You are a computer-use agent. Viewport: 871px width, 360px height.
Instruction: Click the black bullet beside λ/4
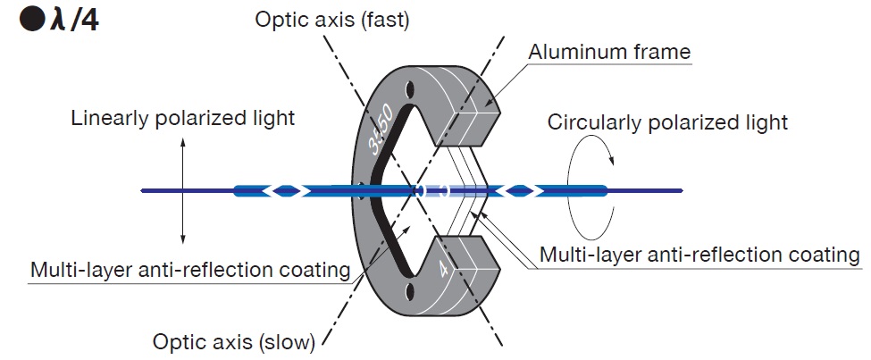33,21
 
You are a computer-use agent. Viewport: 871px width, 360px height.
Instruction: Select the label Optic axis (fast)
331,20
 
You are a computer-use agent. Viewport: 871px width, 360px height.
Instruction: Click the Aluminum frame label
609,52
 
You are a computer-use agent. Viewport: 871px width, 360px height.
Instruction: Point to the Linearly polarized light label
183,117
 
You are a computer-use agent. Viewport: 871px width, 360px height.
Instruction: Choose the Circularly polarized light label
667,121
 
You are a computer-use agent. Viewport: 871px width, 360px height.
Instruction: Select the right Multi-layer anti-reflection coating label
699,255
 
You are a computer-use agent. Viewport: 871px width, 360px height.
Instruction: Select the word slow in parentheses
286,339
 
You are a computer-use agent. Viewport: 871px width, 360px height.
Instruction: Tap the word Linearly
107,117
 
